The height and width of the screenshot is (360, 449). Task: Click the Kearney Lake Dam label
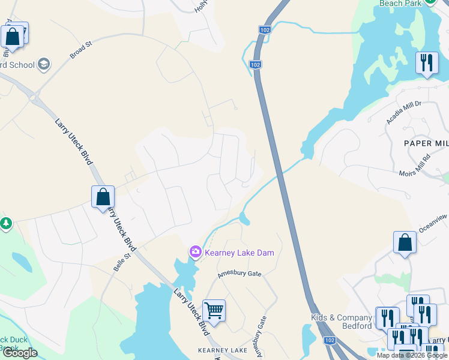click(239, 253)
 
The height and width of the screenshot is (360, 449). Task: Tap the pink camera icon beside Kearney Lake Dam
click(195, 252)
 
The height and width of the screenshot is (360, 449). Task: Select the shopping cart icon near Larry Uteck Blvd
click(214, 311)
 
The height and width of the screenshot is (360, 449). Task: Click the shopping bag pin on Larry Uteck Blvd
click(103, 197)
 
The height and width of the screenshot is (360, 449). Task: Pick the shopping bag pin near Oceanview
click(405, 243)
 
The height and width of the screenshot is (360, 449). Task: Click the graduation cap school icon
click(44, 64)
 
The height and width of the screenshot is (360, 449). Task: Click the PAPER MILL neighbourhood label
click(426, 143)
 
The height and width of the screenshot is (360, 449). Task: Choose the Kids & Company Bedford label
click(342, 322)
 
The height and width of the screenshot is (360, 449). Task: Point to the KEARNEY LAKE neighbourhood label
click(223, 350)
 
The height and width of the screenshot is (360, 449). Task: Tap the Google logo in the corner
click(20, 353)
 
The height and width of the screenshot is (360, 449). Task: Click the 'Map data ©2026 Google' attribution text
click(412, 355)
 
